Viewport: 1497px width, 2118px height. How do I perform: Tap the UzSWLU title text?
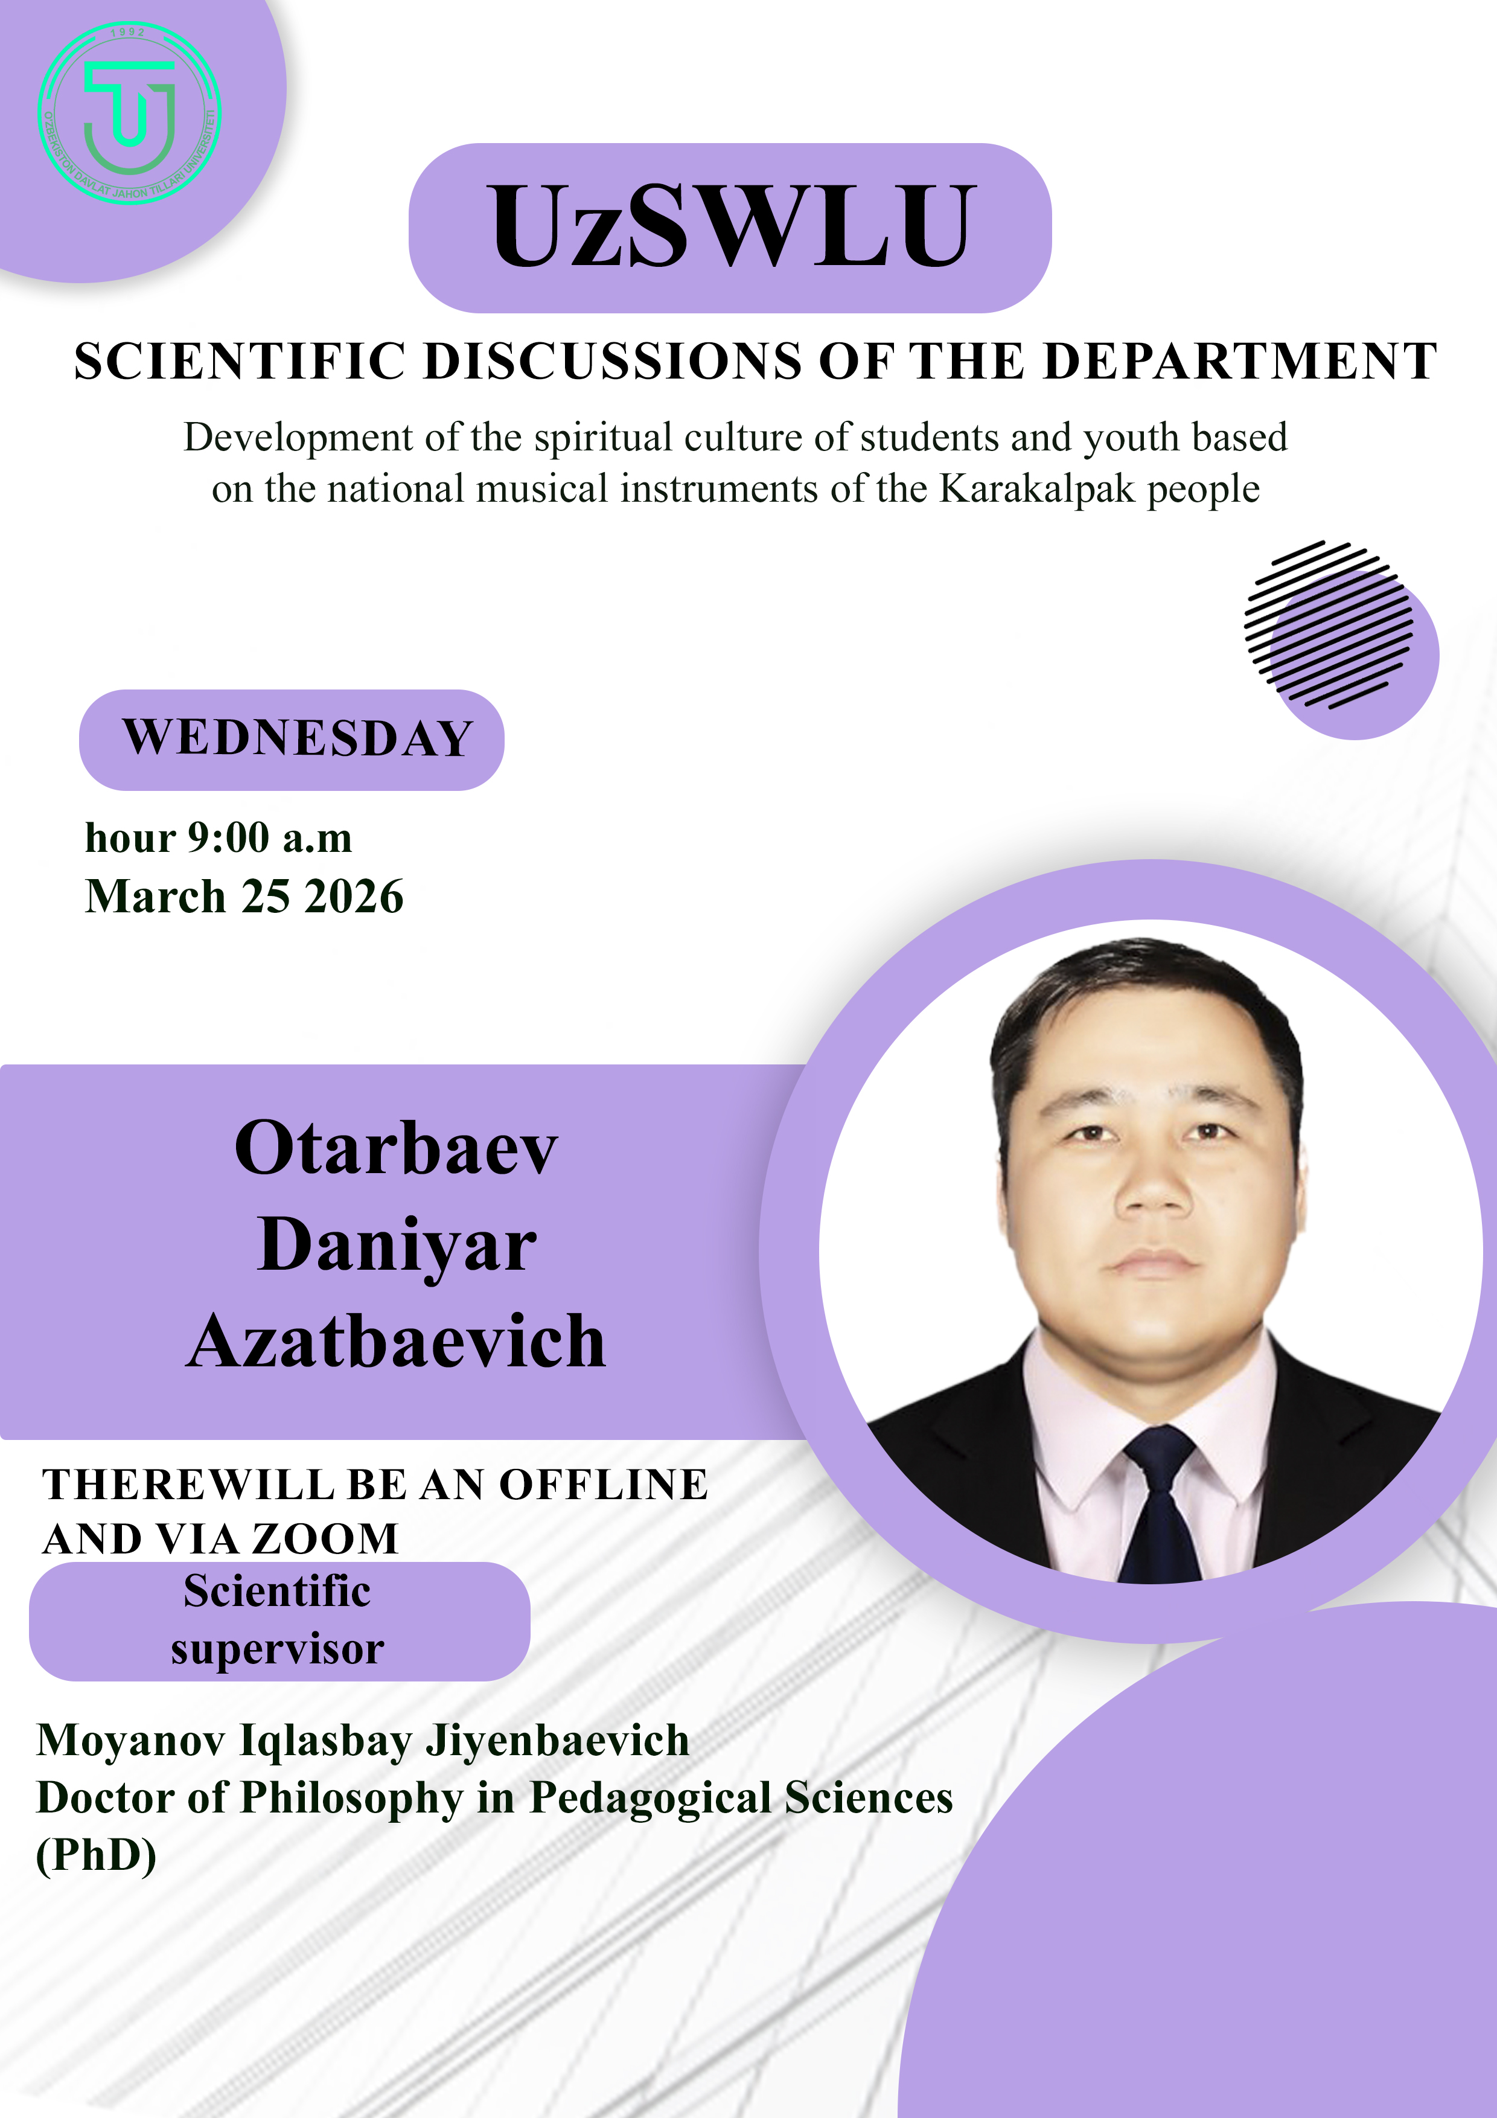coord(730,226)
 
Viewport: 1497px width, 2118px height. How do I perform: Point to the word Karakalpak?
coord(1037,489)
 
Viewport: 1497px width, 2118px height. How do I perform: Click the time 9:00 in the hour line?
coord(229,837)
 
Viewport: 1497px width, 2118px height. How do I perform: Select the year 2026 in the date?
coord(354,897)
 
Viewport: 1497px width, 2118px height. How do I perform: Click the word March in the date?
coord(155,897)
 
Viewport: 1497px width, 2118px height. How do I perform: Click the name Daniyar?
coord(397,1246)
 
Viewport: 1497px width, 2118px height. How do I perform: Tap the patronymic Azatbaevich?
coord(397,1342)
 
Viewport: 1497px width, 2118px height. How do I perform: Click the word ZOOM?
coord(325,1538)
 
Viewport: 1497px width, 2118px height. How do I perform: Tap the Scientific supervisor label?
coord(278,1620)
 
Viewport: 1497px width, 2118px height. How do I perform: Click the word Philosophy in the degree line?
coord(351,1799)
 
